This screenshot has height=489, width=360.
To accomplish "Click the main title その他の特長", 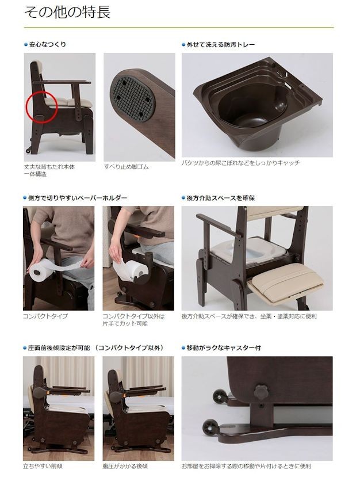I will [x=68, y=13].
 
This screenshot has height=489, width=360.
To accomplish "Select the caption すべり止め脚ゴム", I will [x=126, y=167].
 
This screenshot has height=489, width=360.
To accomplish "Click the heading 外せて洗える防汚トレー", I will [x=221, y=44].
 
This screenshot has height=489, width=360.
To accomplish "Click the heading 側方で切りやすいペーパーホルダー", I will [x=78, y=198].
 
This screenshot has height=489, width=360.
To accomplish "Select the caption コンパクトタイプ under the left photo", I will [x=45, y=316].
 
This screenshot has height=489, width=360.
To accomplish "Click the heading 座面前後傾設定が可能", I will [x=95, y=348].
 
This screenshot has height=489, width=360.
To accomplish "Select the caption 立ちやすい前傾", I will [x=43, y=466].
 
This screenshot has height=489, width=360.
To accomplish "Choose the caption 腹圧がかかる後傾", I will [x=125, y=466].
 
